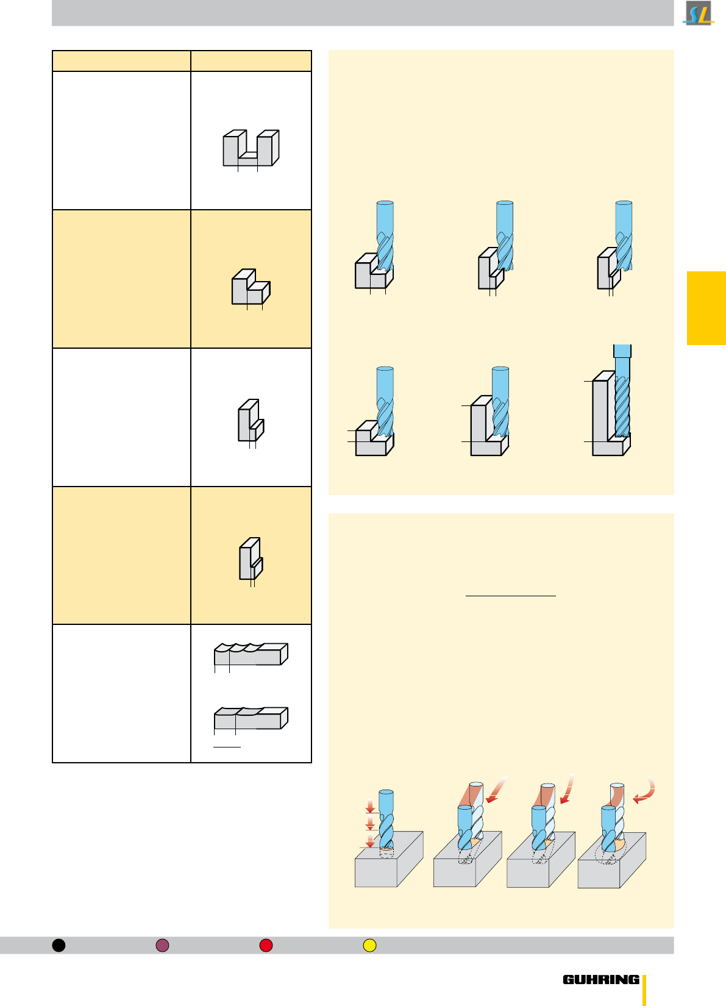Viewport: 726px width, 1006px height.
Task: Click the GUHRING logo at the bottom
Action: [601, 980]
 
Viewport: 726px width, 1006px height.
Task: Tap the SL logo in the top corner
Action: [699, 13]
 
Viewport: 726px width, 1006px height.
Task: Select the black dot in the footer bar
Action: [59, 945]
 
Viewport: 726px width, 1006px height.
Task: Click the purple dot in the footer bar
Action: [162, 945]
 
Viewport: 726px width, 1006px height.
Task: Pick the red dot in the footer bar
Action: [266, 945]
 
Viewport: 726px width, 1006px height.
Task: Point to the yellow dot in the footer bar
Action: [369, 945]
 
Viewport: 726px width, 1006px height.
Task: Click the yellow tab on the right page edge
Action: [706, 308]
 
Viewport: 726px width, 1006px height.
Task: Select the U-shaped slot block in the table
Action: [251, 148]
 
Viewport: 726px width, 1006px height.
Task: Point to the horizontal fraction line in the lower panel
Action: [510, 596]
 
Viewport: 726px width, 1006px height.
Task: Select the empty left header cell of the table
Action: [122, 61]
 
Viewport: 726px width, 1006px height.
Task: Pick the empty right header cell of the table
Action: [251, 61]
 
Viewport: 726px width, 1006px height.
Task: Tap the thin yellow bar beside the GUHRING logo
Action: [644, 990]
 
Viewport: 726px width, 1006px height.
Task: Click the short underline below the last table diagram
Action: [227, 747]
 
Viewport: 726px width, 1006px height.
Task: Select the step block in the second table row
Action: [251, 287]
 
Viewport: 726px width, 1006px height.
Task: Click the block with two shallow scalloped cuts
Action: [251, 718]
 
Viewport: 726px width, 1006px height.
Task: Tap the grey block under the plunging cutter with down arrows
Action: [389, 860]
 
